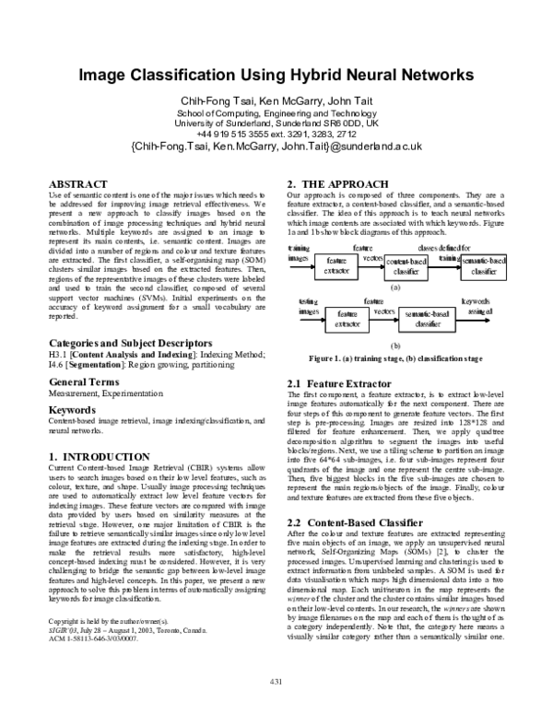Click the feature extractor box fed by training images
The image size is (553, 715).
click(335, 266)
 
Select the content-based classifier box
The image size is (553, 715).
click(406, 267)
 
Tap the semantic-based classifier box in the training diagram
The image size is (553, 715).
click(484, 266)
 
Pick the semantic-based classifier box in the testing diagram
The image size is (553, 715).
click(428, 319)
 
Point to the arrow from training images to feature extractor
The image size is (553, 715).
click(301, 267)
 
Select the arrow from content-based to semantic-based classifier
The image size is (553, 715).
click(445, 267)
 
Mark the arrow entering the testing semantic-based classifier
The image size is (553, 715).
click(382, 321)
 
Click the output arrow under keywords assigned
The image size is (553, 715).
click(475, 321)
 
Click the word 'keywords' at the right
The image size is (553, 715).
click(476, 302)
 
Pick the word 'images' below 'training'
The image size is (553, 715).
click(299, 258)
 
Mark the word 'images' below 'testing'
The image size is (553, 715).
click(308, 312)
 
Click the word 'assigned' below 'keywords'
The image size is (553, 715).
click(477, 312)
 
